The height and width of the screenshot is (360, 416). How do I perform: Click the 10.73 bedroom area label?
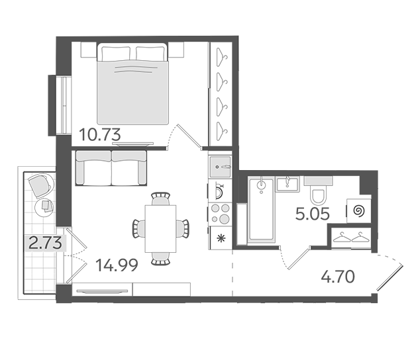[100, 134]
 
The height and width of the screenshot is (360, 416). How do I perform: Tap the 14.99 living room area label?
[117, 265]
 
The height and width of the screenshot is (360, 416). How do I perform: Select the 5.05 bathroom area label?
[313, 214]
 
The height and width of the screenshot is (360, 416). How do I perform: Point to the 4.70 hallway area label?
[338, 277]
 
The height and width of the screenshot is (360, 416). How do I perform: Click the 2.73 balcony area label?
[45, 243]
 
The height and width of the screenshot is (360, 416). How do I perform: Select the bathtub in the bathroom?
[262, 210]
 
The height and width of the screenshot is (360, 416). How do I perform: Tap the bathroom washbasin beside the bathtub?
[287, 184]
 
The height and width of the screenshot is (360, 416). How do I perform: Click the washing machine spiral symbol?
[358, 211]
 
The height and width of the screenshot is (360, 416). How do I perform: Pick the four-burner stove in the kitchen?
[220, 214]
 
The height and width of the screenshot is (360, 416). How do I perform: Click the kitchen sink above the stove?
[220, 167]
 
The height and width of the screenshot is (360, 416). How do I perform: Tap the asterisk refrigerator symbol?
[220, 238]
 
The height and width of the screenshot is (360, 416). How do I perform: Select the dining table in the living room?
[160, 228]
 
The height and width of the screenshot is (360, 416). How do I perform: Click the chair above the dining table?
[160, 199]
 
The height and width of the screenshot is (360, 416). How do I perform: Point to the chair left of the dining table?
[138, 228]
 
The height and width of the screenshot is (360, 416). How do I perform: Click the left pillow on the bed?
[116, 54]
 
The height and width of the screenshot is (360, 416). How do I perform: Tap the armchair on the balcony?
[40, 185]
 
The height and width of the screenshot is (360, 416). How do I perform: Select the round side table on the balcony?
[44, 207]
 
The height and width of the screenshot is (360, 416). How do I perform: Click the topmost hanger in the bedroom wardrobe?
[222, 57]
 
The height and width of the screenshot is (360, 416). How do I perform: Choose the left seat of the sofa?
[93, 168]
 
